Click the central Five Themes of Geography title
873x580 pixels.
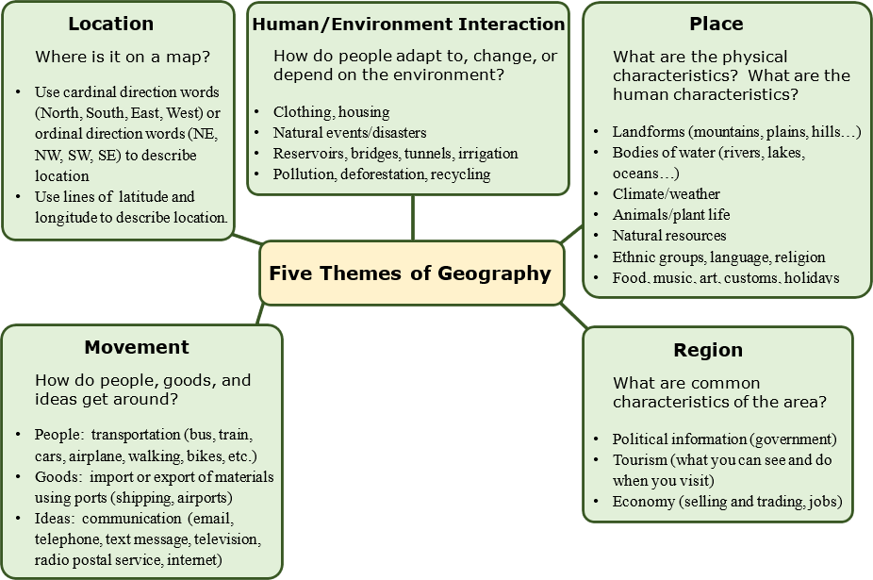tap(410, 273)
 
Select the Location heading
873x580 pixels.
tap(111, 24)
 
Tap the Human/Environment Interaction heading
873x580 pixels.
tap(408, 24)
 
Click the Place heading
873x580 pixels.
tap(717, 24)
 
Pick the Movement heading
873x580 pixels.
tap(137, 347)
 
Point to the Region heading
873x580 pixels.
tap(708, 350)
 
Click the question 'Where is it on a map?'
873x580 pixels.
tap(123, 57)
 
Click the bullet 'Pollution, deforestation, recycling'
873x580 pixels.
tap(381, 174)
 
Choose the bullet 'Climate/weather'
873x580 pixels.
tap(666, 193)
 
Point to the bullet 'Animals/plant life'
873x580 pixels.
tap(670, 214)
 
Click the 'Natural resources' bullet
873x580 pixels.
tap(669, 235)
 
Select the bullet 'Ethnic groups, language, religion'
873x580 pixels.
tap(718, 257)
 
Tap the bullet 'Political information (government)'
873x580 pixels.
tap(724, 439)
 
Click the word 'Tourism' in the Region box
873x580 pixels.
tap(640, 460)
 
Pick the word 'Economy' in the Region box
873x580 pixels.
tap(643, 502)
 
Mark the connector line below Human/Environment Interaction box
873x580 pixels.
tap(412, 218)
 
